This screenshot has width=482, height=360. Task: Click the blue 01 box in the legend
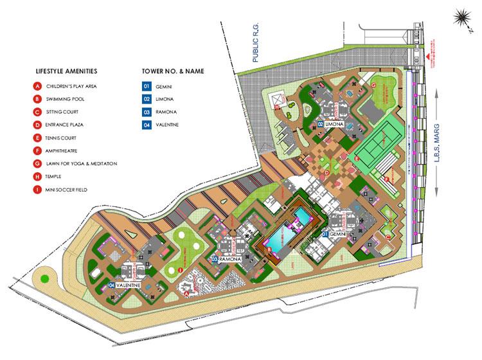(x=147, y=85)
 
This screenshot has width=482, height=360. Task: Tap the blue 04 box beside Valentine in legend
(x=147, y=124)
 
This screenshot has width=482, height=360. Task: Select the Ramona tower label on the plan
(x=229, y=258)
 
